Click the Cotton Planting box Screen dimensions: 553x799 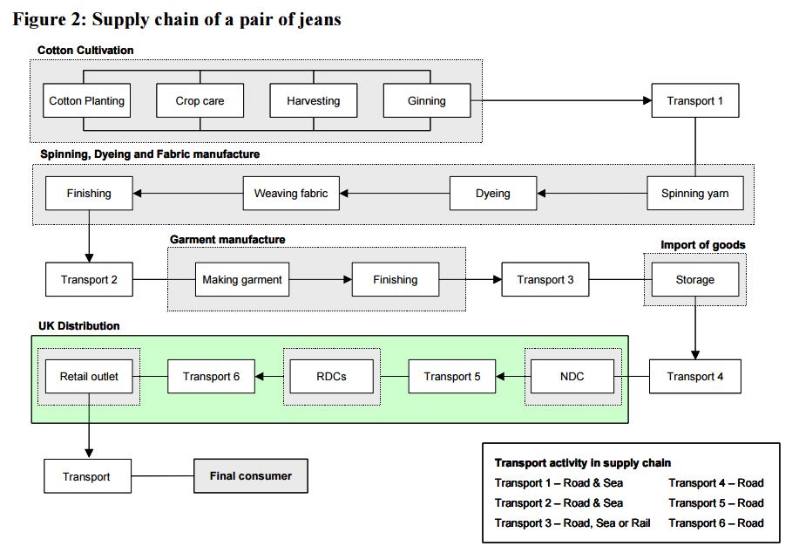point(86,101)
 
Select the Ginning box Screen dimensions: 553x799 point(426,101)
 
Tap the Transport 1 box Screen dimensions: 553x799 point(694,101)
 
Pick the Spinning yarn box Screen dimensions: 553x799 point(694,194)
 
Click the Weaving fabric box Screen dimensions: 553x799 point(290,194)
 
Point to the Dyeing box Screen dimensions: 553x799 point(492,194)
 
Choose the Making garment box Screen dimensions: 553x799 point(241,280)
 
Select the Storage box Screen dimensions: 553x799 point(694,280)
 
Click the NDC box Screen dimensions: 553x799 point(572,377)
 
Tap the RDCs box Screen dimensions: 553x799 point(330,377)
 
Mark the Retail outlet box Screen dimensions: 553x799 point(89,377)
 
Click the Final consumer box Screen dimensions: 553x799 point(250,476)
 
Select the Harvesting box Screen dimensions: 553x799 point(313,101)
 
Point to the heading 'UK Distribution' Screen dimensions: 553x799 point(79,326)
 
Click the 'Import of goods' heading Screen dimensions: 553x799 point(702,245)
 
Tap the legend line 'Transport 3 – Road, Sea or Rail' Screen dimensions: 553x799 point(572,523)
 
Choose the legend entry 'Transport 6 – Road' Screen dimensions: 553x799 point(715,523)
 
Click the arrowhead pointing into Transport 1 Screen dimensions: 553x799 point(647,101)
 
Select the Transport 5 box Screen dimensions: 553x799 point(451,377)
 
